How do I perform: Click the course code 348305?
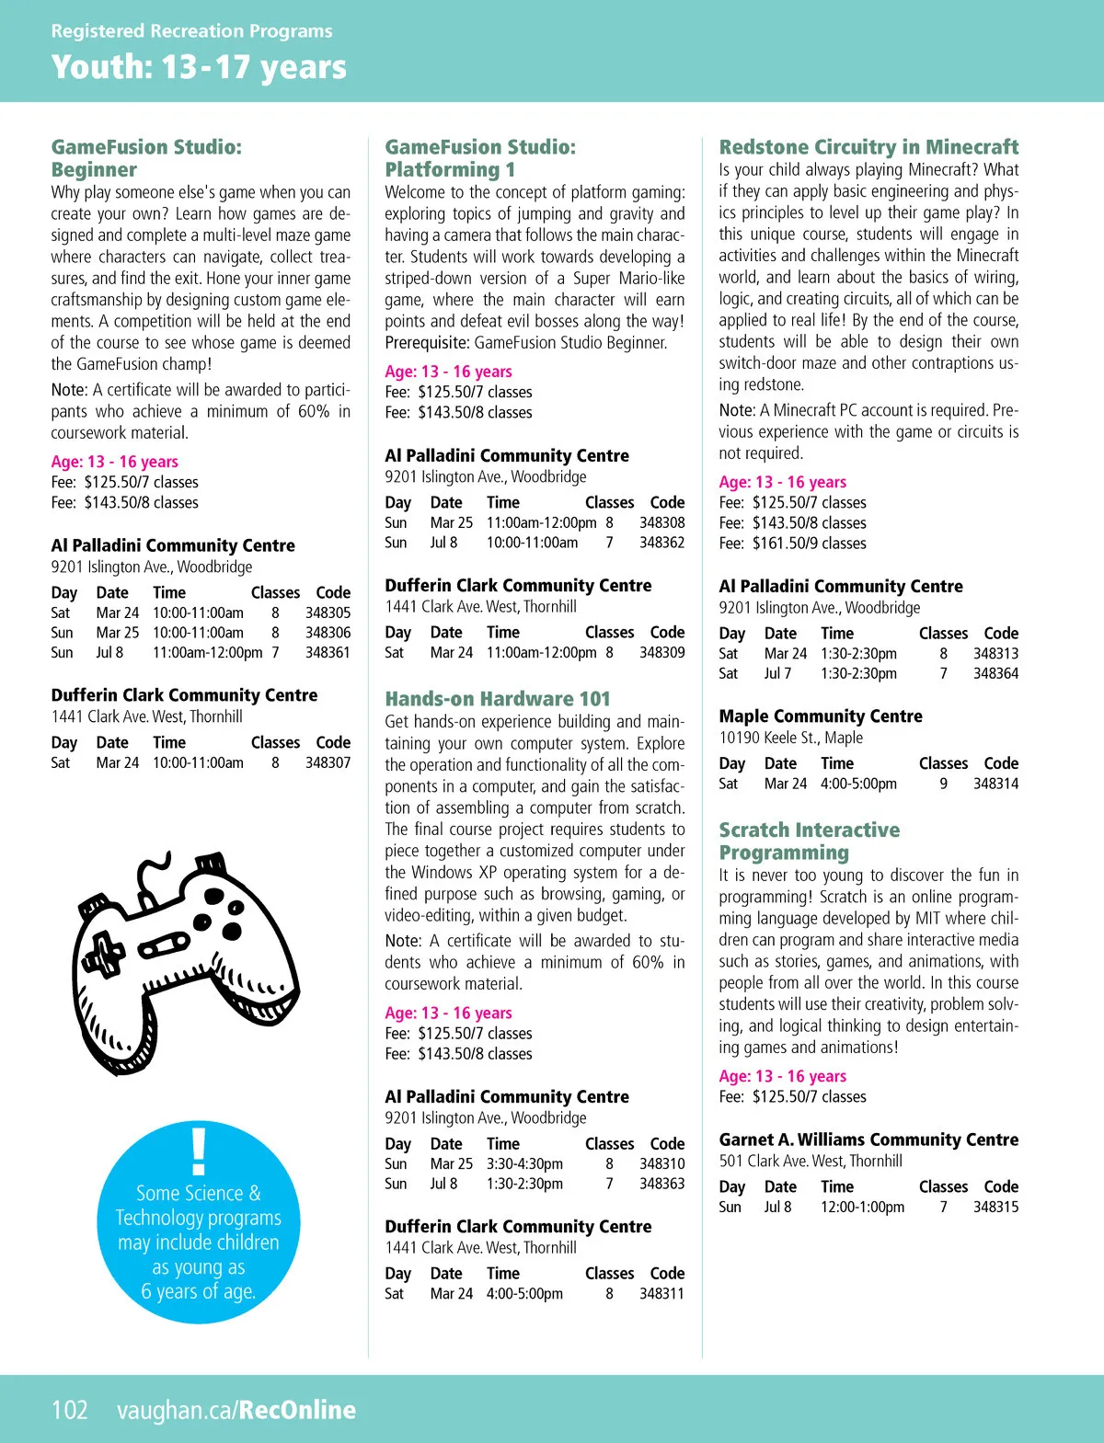point(328,613)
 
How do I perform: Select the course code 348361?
point(328,652)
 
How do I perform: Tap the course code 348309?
point(661,652)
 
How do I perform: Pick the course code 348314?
point(995,784)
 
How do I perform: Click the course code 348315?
point(995,1207)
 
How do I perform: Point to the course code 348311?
point(661,1293)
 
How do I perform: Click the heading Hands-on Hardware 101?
point(498,699)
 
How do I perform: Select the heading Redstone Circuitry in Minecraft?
point(868,147)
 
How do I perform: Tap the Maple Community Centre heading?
point(821,716)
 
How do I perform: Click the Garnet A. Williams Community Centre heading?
point(868,1140)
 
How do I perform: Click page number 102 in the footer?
point(70,1410)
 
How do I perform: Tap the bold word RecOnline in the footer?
point(297,1410)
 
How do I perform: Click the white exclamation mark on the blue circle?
point(199,1151)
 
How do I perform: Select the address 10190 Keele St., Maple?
point(790,738)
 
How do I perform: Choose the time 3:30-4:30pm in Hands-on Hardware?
point(524,1163)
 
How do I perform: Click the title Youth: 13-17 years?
point(199,67)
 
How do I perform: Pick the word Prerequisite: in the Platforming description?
point(427,343)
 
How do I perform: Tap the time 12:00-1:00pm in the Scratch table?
point(862,1207)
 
